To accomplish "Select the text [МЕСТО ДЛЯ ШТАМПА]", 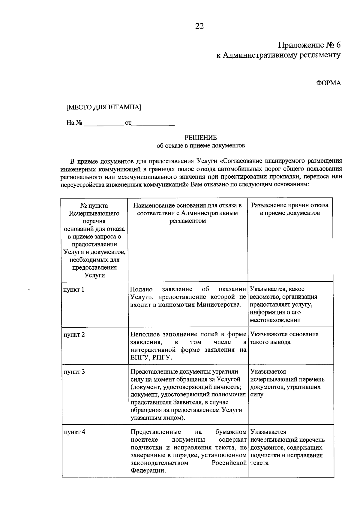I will coord(104,107).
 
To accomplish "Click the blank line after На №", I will coord(103,123).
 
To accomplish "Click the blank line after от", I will coord(153,123).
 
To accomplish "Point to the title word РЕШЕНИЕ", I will coord(200,138).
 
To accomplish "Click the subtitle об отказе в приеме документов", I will coord(201,146).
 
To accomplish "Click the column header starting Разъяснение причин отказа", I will coord(290,209).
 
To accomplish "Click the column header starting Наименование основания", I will coord(187,213).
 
